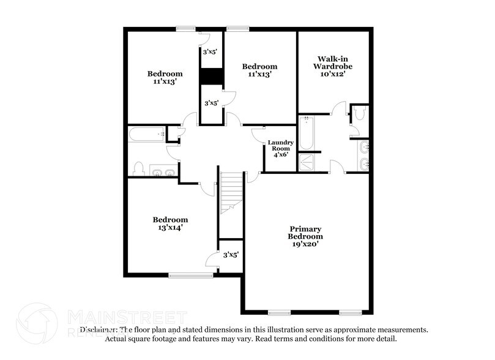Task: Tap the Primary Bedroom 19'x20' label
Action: pos(305,236)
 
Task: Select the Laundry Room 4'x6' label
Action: pos(281,148)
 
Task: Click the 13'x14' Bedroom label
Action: pos(170,223)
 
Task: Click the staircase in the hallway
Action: pos(231,192)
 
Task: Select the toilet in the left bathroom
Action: pos(138,168)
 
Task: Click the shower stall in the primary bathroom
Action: pos(305,162)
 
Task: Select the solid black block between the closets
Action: pos(212,76)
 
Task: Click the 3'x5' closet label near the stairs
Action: pos(230,255)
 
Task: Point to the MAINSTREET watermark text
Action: pos(126,317)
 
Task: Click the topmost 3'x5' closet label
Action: pos(211,52)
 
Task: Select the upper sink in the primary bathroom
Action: pos(365,147)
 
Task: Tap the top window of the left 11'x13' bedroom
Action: pos(186,28)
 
